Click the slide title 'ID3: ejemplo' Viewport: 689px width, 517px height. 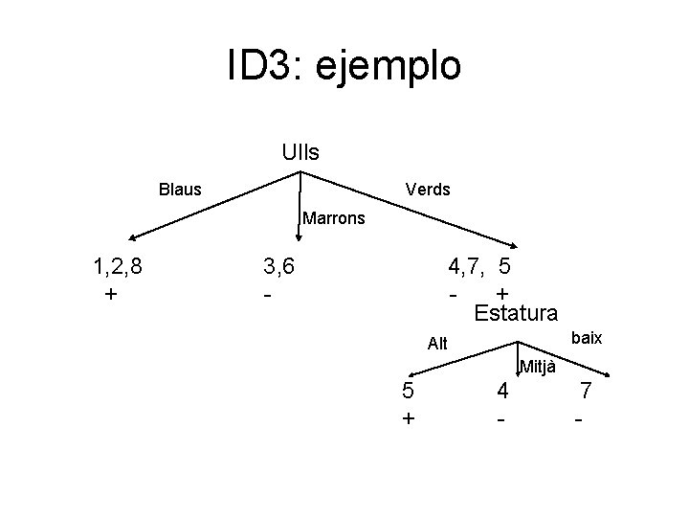pos(344,65)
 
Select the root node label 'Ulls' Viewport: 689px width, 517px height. pos(300,151)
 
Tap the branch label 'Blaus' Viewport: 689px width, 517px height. pos(180,190)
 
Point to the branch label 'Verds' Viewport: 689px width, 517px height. pos(428,190)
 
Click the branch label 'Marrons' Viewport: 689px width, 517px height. pos(334,218)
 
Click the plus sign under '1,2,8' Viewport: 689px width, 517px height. pos(111,293)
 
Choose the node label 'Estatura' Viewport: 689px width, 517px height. pos(516,312)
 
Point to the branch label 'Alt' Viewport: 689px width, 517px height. pos(437,344)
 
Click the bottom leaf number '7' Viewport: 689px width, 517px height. pos(586,391)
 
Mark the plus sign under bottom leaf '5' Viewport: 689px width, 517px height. pos(409,418)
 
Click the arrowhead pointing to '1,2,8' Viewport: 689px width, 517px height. pos(133,238)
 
